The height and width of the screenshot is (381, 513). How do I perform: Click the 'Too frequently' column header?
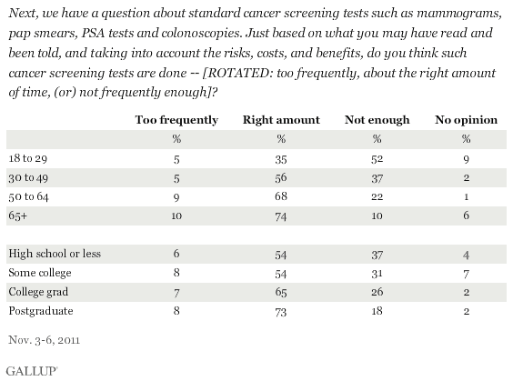(176, 120)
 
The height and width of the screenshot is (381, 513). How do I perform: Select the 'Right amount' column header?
(281, 120)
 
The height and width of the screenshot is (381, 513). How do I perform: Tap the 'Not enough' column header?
(377, 120)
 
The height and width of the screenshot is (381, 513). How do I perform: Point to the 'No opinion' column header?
(467, 120)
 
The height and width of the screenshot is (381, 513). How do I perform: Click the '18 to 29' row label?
(28, 158)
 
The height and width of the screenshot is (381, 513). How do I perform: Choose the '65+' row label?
(17, 216)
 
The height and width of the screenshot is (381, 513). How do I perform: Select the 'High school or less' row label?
(55, 254)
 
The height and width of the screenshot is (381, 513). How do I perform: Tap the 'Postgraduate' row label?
(41, 311)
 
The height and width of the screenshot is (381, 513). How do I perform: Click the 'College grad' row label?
(38, 292)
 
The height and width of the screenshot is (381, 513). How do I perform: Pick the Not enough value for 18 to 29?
(377, 159)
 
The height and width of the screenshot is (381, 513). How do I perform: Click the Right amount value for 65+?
(281, 216)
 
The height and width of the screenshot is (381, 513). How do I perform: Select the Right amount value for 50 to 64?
(281, 197)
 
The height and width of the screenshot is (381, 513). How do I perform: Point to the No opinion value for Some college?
(467, 274)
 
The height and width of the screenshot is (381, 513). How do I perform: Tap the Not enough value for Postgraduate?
(377, 311)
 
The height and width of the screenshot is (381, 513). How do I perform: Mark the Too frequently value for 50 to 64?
(176, 197)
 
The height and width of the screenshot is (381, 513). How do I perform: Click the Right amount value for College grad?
(281, 292)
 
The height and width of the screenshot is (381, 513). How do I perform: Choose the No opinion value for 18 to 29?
(467, 160)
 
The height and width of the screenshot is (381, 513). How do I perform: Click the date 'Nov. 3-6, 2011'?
(45, 340)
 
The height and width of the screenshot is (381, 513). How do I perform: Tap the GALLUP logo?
(32, 371)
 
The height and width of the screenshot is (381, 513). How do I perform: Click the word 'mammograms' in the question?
(459, 14)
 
